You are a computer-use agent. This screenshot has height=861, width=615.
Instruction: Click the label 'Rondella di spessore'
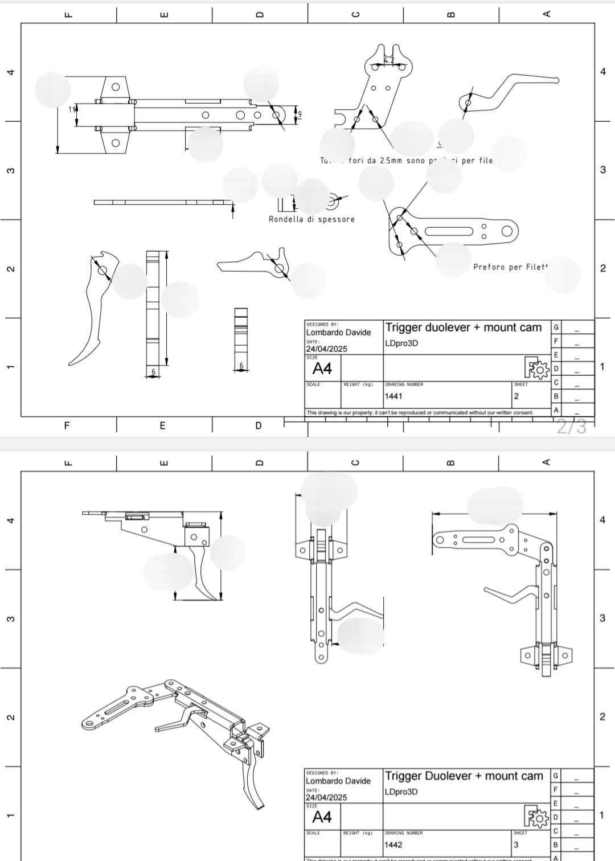pyautogui.click(x=311, y=219)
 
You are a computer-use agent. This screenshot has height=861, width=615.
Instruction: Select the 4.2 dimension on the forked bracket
pyautogui.click(x=389, y=60)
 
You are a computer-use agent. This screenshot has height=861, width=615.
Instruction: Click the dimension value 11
pyautogui.click(x=72, y=109)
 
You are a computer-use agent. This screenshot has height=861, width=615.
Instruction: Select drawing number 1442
pyautogui.click(x=393, y=844)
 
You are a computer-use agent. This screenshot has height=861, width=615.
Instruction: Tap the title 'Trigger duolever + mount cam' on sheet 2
pyautogui.click(x=464, y=327)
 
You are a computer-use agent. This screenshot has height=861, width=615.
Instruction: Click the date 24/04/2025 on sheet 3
pyautogui.click(x=326, y=797)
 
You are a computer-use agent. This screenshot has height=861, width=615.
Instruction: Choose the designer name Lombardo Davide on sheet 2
pyautogui.click(x=338, y=333)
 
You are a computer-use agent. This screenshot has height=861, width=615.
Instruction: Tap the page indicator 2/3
pyautogui.click(x=571, y=427)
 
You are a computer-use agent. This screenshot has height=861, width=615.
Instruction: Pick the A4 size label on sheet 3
pyautogui.click(x=322, y=817)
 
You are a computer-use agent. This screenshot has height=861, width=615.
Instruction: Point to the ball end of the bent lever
pyautogui.click(x=556, y=80)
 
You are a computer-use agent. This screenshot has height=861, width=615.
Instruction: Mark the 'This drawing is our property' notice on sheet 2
pyautogui.click(x=420, y=412)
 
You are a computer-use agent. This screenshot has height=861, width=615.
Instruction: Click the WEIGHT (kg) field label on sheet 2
pyautogui.click(x=358, y=384)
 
